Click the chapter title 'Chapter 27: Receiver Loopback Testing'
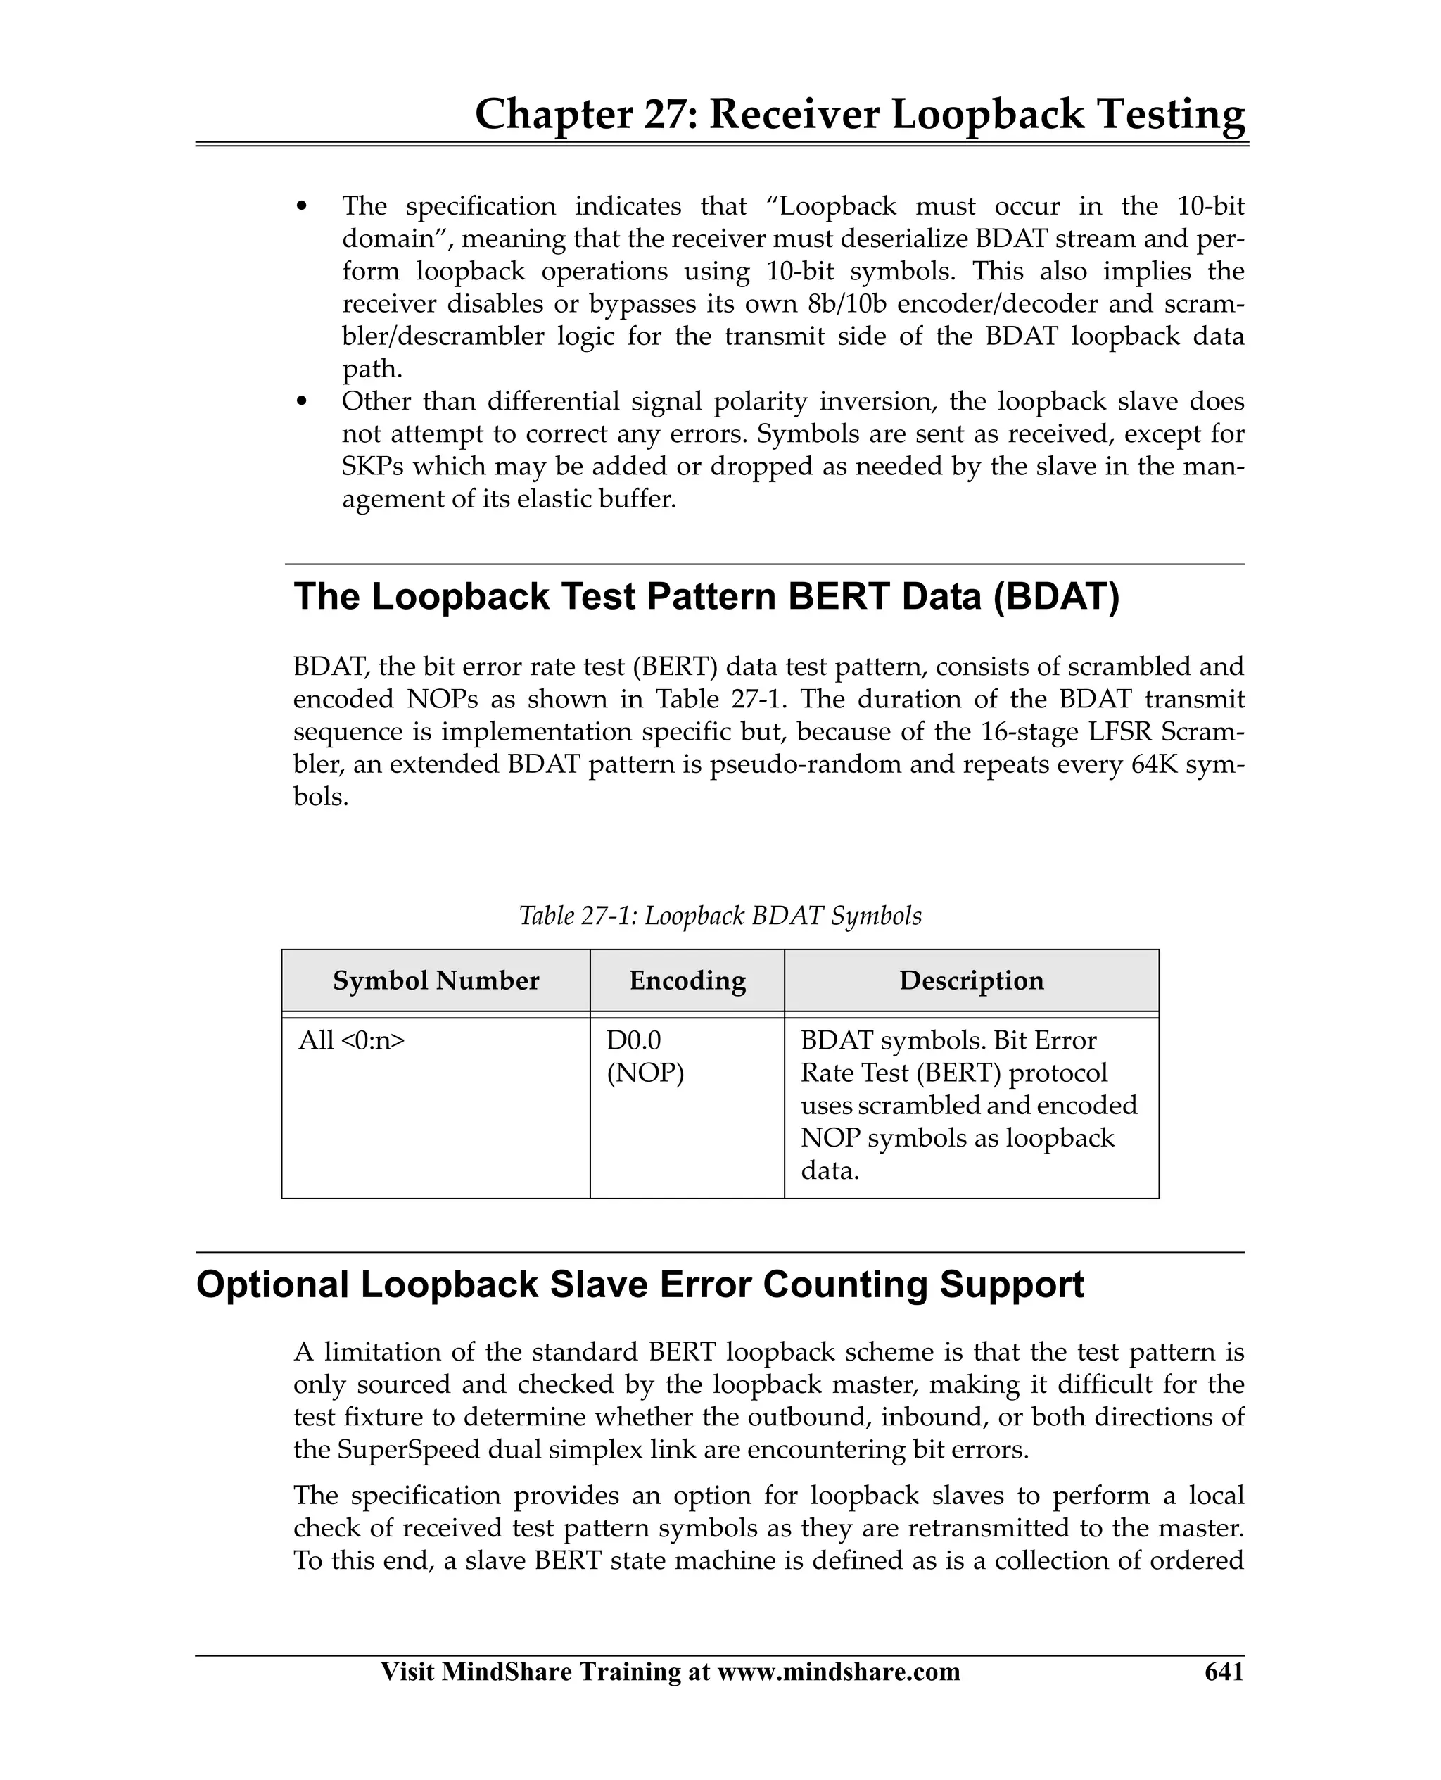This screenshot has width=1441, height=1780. [859, 115]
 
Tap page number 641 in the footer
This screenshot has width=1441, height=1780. [1224, 1670]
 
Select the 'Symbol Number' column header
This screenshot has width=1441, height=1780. [436, 980]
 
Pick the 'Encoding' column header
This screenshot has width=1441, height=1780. [687, 980]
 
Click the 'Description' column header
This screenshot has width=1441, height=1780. [971, 980]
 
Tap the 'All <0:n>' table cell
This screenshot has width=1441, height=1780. [352, 1040]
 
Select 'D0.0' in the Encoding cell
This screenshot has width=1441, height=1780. [633, 1040]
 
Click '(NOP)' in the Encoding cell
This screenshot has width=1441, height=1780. [645, 1073]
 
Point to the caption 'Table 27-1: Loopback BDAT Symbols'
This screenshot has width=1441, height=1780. [720, 916]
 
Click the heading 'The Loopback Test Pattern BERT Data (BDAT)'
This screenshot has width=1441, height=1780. [706, 597]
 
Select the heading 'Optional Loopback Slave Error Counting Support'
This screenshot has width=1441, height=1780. [640, 1284]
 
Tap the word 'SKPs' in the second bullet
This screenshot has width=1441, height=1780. [372, 467]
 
